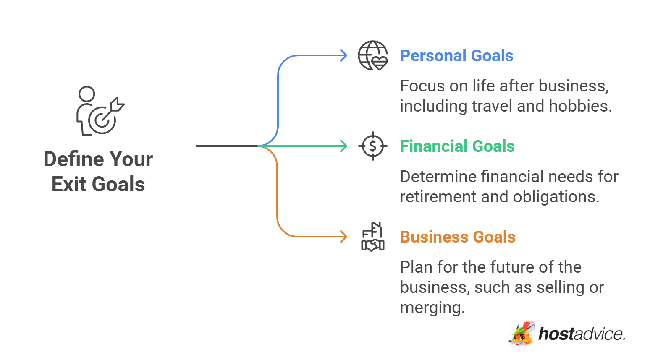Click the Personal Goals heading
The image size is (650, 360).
pyautogui.click(x=456, y=56)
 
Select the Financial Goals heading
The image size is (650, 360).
pyautogui.click(x=457, y=146)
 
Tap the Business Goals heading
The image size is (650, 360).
pyautogui.click(x=457, y=237)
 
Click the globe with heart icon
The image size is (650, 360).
pyautogui.click(x=372, y=55)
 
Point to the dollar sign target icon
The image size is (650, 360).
pyautogui.click(x=372, y=146)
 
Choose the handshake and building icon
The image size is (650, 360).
pyautogui.click(x=372, y=237)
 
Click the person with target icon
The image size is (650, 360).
pyautogui.click(x=99, y=111)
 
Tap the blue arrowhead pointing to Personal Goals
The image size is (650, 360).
pyautogui.click(x=344, y=55)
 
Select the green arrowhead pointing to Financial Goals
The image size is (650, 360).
pyautogui.click(x=344, y=146)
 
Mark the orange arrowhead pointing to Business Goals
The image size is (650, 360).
pyautogui.click(x=344, y=237)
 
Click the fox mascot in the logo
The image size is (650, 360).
pyautogui.click(x=522, y=334)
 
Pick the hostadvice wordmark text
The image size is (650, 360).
pyautogui.click(x=582, y=334)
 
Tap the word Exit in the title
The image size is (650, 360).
pyautogui.click(x=69, y=185)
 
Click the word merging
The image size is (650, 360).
pyautogui.click(x=432, y=308)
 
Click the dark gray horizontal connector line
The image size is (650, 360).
pyautogui.click(x=227, y=146)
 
